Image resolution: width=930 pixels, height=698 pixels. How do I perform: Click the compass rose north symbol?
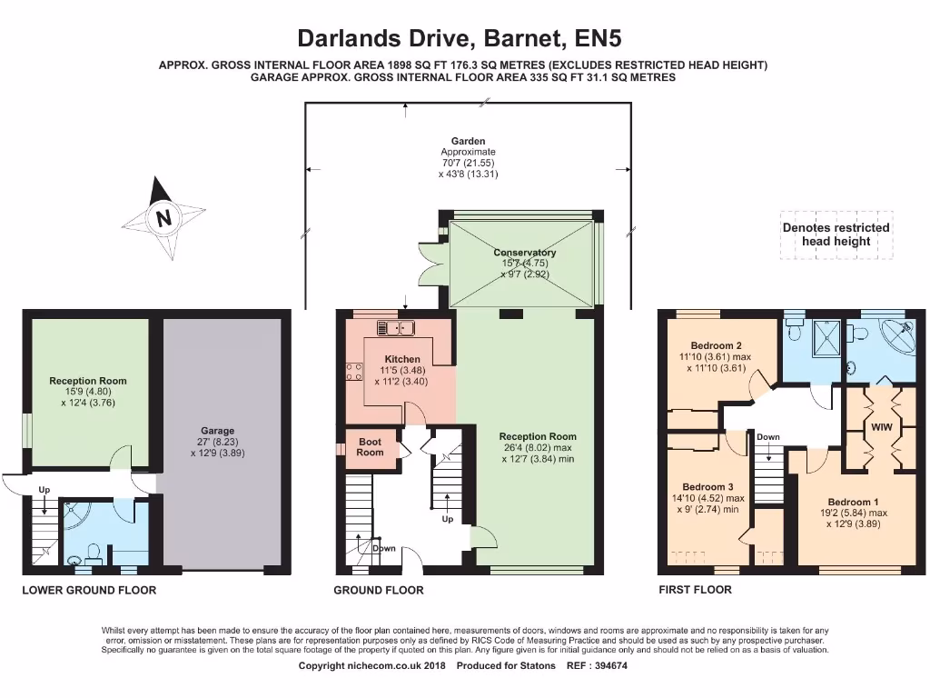[163, 217]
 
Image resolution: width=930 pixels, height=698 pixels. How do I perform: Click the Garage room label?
[217, 431]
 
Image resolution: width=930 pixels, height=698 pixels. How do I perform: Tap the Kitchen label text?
[402, 359]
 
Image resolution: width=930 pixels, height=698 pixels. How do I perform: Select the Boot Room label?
[370, 446]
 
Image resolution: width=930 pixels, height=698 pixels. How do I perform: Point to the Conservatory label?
[525, 253]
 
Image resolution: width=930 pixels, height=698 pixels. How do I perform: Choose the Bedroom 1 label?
[853, 502]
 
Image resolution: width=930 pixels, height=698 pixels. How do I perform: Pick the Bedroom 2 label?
[717, 345]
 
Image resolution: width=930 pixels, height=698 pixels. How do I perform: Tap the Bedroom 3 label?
[707, 487]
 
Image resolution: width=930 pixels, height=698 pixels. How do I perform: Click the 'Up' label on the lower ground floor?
[45, 490]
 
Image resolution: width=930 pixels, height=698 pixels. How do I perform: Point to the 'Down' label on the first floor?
[768, 437]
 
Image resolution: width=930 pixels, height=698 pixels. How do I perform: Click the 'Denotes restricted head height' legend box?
[836, 234]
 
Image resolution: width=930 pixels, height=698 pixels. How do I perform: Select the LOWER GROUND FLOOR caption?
[89, 590]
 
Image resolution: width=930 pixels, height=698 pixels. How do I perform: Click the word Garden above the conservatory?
[469, 142]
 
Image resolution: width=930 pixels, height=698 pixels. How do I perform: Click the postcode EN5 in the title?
[599, 38]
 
